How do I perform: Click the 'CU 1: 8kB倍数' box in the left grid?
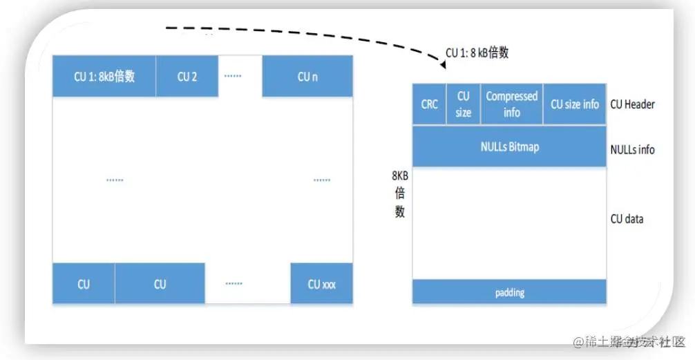tap(104, 77)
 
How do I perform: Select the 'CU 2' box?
tap(187, 77)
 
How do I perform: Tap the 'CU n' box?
tap(307, 77)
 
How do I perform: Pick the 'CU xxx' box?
tap(321, 284)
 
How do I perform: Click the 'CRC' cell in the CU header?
tap(430, 104)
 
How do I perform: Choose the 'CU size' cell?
tap(464, 104)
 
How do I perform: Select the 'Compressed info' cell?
tap(512, 104)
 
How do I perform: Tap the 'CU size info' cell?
tap(574, 104)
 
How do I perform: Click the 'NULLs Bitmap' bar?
tap(509, 146)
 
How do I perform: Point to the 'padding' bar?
tap(509, 292)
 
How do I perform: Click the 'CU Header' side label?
tap(632, 104)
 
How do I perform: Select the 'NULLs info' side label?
tap(632, 149)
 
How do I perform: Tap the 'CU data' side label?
tap(627, 219)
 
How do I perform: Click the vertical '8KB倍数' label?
tap(399, 193)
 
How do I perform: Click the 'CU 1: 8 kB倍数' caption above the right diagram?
tap(477, 53)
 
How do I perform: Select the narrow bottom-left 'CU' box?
tap(84, 284)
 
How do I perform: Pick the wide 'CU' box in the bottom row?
tap(160, 284)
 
